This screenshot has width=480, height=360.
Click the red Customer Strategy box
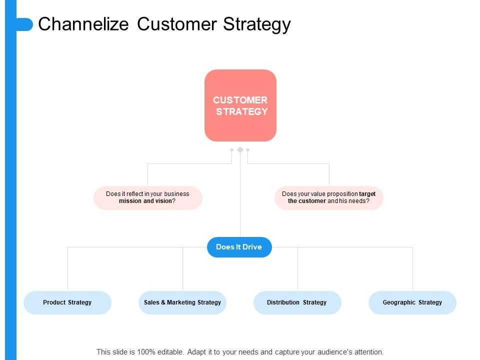coord(240,105)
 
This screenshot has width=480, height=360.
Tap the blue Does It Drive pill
coord(239,247)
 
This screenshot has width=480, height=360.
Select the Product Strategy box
coord(67,302)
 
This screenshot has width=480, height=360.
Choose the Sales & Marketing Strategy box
coord(182,302)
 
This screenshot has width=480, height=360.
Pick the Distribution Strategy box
coord(297,302)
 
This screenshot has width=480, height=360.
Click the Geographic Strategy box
coord(412,302)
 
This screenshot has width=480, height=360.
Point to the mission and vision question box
coord(148,198)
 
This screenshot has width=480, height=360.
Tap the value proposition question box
coord(329,198)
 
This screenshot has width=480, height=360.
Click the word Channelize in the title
coord(83,24)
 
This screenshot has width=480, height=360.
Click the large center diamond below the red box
coord(240,149)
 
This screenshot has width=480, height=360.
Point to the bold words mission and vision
coord(145,201)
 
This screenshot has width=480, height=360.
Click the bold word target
coord(367,194)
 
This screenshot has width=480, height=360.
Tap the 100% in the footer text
coord(145,352)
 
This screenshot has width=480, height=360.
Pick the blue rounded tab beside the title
coord(24,24)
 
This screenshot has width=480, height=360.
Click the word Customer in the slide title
coord(177,24)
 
